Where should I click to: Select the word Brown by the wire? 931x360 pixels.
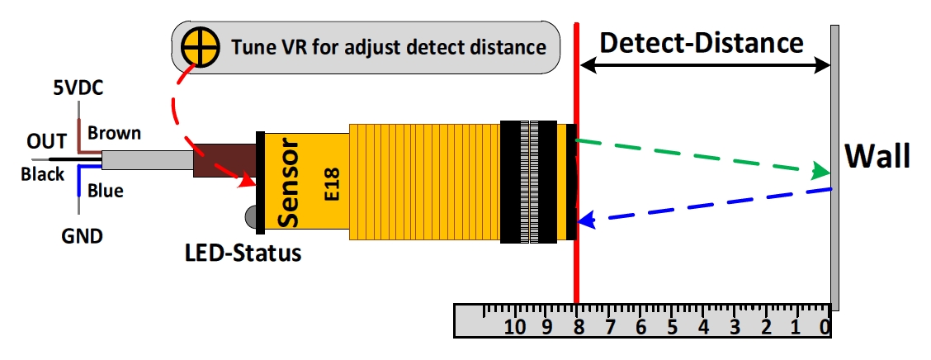click(114, 133)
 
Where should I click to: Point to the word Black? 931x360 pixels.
click(42, 174)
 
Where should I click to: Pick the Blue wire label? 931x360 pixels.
click(105, 191)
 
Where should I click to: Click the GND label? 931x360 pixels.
click(83, 237)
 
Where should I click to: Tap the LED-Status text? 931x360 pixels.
click(242, 252)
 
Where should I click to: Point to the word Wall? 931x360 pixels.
click(877, 155)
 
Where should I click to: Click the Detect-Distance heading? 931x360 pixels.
click(702, 42)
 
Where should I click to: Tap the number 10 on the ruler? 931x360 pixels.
click(515, 325)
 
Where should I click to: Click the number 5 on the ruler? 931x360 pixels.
click(672, 326)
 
